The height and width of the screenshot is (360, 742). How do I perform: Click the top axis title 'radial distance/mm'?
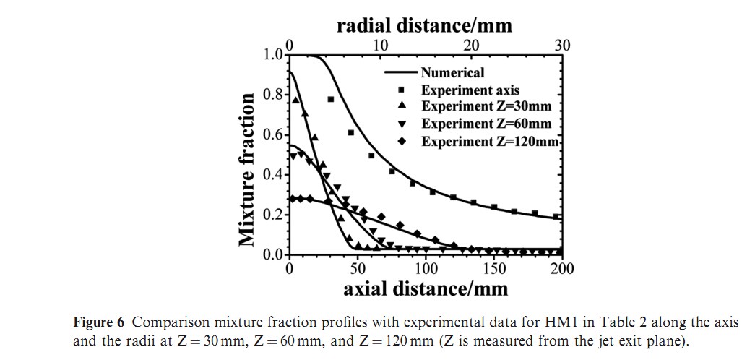click(424, 25)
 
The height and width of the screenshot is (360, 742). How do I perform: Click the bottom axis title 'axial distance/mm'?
click(426, 288)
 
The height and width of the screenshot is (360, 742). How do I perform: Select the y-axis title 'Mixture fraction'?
click(248, 168)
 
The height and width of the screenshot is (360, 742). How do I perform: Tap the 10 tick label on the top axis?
click(380, 46)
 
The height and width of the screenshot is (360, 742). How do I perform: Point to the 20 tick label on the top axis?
click(471, 46)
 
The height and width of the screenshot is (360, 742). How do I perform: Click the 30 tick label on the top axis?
click(562, 46)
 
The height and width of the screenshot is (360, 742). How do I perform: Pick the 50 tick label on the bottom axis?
click(358, 269)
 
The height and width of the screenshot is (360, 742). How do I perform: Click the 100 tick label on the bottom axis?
click(426, 269)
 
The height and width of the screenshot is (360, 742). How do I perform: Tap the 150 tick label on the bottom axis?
click(494, 269)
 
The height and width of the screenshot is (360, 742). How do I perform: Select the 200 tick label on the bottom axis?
click(562, 269)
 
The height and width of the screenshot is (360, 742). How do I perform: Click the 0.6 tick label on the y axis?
click(275, 134)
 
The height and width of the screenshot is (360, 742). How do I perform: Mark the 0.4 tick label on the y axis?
click(275, 174)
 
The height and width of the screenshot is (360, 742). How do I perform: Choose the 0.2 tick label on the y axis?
click(275, 215)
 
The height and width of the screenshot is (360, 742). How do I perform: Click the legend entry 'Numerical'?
click(453, 72)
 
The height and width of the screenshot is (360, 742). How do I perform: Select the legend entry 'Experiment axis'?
click(470, 90)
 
